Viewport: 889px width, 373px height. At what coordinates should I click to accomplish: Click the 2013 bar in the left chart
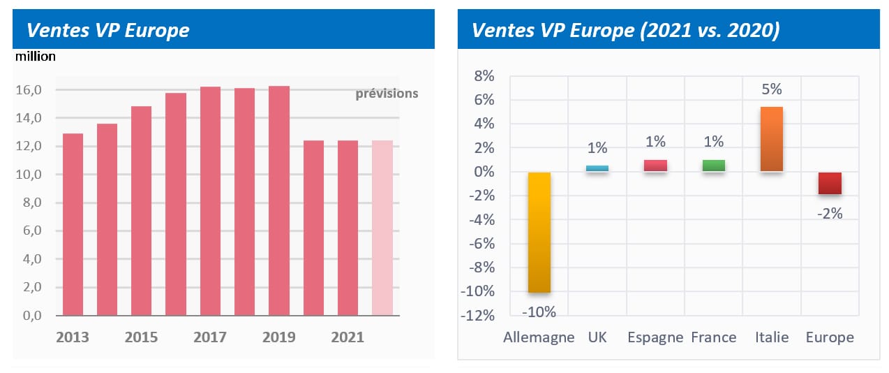point(73,224)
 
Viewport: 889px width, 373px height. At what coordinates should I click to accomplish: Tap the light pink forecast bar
point(382,228)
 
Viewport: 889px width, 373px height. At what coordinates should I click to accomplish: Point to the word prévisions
point(387,94)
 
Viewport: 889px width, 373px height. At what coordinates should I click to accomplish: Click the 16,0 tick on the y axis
point(28,90)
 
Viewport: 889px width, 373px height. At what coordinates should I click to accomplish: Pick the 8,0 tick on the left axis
point(28,203)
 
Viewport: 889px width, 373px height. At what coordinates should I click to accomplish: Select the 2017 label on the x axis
point(210,337)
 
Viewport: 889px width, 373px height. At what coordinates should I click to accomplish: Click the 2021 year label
point(348,337)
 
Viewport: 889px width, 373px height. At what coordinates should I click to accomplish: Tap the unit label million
point(36,57)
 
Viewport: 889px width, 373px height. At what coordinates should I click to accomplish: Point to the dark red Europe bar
point(830,183)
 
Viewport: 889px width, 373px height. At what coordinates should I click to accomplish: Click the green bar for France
point(714,166)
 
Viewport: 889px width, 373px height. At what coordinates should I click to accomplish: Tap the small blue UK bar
point(597,168)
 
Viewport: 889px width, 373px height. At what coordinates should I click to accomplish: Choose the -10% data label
point(539,312)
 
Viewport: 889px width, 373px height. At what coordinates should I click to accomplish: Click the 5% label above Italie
point(772,89)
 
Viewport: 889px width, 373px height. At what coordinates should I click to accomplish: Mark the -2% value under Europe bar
point(830,214)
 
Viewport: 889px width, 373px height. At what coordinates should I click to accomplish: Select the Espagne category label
point(655,337)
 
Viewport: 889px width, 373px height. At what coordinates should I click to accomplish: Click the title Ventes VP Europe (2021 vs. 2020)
point(625,31)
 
